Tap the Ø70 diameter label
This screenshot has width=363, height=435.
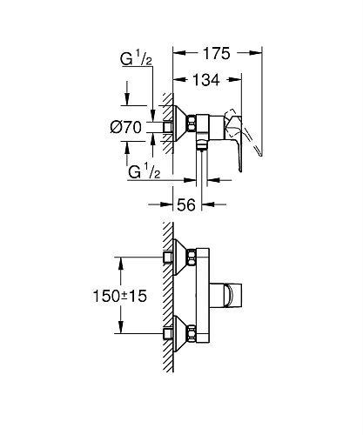click(x=127, y=128)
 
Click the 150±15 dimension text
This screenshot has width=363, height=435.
click(x=121, y=296)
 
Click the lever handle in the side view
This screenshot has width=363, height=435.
click(x=239, y=122)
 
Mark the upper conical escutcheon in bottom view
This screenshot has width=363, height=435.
click(x=178, y=258)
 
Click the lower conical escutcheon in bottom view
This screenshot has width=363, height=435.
click(x=178, y=332)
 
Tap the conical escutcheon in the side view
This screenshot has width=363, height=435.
click(x=178, y=126)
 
